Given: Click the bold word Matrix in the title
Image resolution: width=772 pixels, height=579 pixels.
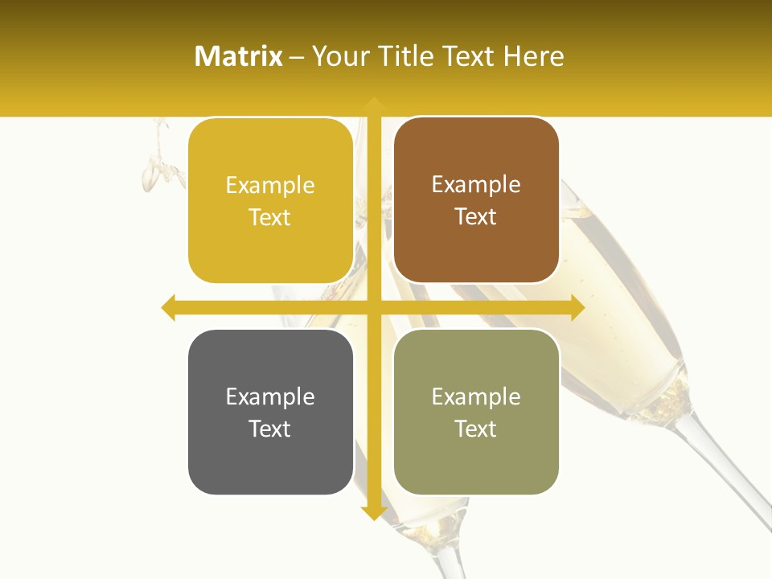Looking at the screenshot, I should click(239, 56).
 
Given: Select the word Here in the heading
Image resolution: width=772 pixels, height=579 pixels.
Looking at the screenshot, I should click(534, 56).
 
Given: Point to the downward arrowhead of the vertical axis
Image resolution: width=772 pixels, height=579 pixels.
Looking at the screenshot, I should click(373, 512).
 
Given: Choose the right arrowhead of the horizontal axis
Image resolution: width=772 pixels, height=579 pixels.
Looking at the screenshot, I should click(577, 307).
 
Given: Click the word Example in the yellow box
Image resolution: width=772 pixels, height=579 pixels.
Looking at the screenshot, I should click(270, 186).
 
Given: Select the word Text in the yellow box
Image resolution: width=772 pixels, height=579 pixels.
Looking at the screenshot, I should click(270, 217).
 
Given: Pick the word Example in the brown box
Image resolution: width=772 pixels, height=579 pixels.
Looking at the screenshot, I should click(476, 185).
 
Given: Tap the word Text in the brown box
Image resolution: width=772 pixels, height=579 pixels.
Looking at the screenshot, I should click(476, 216).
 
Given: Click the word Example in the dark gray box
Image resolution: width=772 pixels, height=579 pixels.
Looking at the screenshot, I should click(270, 397).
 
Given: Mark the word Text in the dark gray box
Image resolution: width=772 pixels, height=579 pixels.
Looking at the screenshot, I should click(270, 429).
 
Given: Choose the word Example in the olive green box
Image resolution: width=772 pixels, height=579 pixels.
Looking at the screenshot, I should click(476, 397).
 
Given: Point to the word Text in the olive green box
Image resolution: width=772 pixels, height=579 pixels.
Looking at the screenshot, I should click(476, 429).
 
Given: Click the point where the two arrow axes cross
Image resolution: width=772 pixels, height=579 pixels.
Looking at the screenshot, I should click(373, 307).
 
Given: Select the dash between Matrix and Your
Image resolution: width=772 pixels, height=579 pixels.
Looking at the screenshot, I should click(298, 57).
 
